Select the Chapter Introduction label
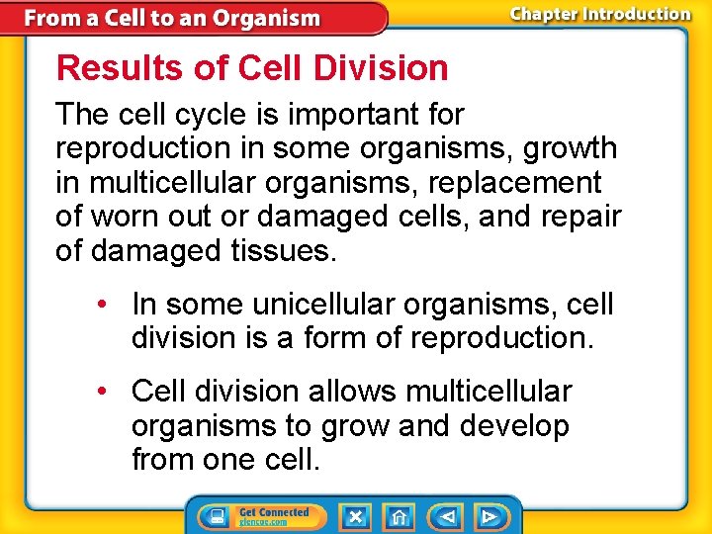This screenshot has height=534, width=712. tap(599, 14)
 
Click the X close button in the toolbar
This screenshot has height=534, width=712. tap(355, 516)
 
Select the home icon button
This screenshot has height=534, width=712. tap(399, 516)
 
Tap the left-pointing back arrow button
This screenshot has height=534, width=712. tap(447, 516)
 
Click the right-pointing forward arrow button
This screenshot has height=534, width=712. tap(489, 516)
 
